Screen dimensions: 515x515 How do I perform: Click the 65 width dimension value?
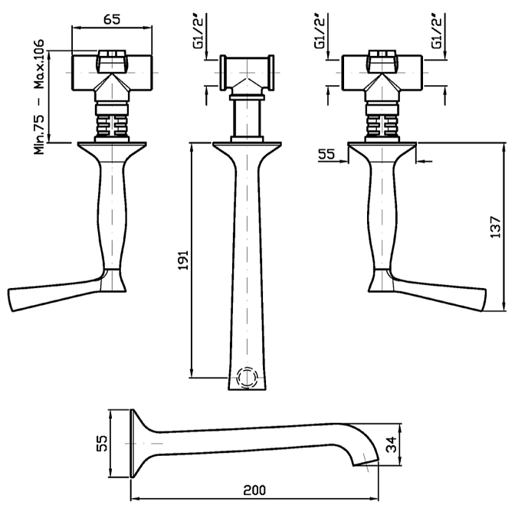point(111,18)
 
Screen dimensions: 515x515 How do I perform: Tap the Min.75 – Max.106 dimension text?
point(40,96)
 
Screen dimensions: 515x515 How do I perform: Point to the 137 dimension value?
point(496,227)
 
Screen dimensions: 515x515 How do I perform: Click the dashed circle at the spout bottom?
point(247,378)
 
